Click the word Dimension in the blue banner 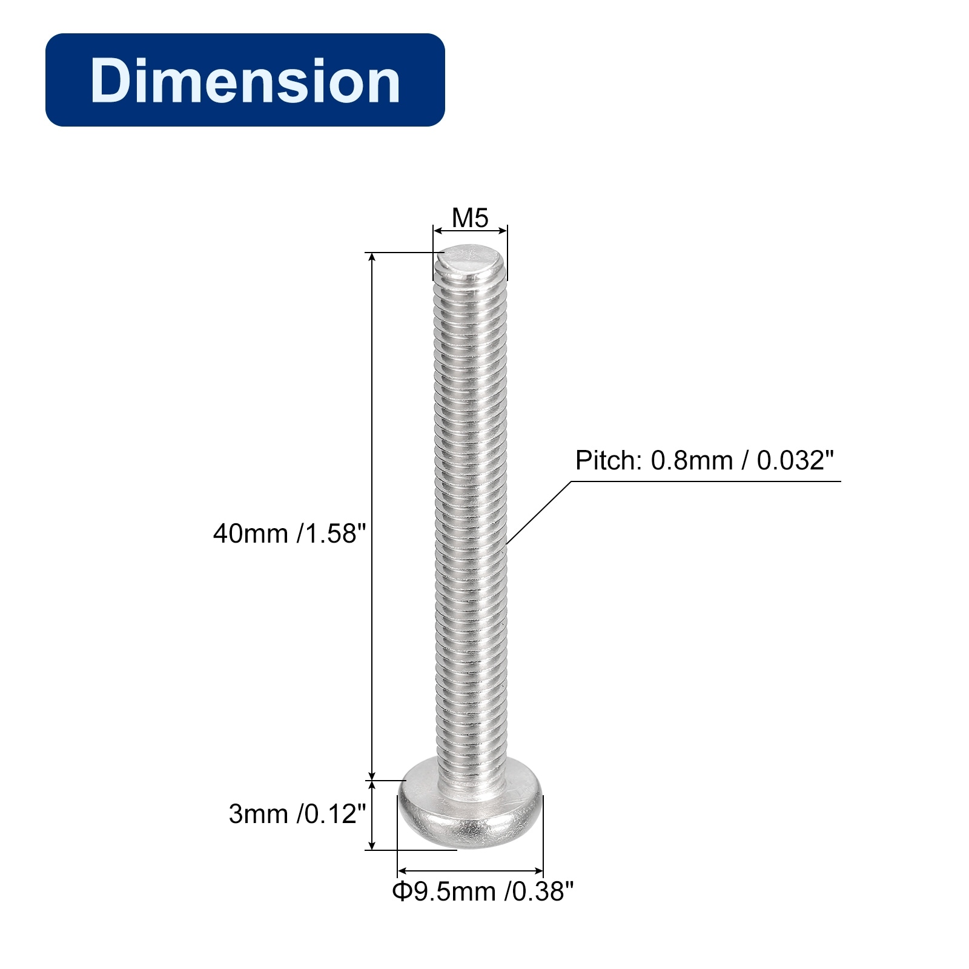pos(245,81)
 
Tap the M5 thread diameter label pos(470,218)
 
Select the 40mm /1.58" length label pos(289,534)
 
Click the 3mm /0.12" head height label pos(297,814)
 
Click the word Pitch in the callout pos(609,460)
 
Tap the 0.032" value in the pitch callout pos(795,460)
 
